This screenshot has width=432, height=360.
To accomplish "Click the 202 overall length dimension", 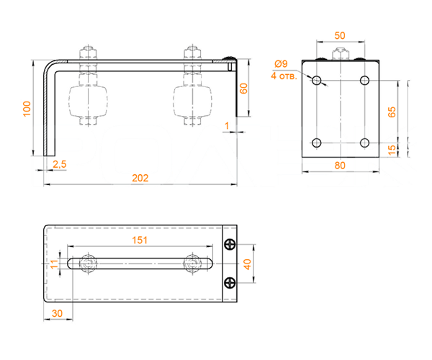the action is pos(140,178).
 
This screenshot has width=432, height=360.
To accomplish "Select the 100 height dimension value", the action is pos(27,109).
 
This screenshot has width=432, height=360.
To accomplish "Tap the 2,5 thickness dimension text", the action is pos(60,164).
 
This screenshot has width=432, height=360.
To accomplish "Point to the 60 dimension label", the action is pos(244,89).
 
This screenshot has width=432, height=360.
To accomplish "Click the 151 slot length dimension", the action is pos(140,240).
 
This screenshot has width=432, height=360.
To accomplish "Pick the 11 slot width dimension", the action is pos(55,264).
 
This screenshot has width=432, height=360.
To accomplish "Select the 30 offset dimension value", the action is pos(57,313).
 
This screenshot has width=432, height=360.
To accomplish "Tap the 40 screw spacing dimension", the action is pos(248,264).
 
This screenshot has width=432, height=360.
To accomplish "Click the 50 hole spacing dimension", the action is pos(340,35).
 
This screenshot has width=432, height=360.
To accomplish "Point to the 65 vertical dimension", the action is pos(392,112).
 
